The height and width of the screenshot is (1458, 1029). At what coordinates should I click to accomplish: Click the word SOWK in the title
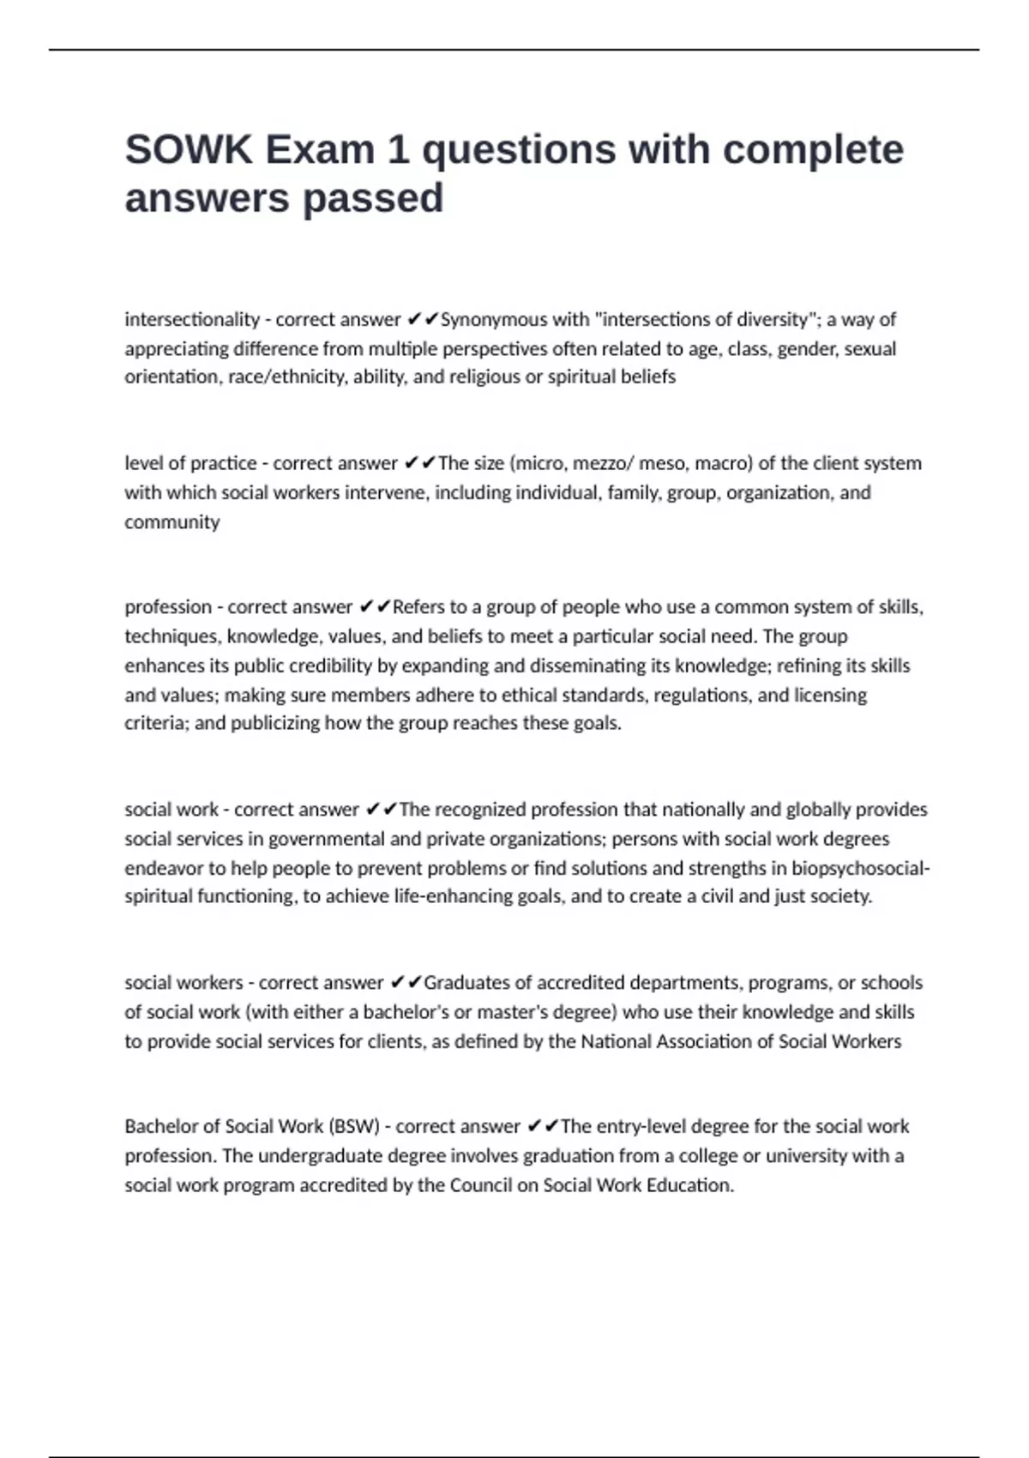pos(189,150)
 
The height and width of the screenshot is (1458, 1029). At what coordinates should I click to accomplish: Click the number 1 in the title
pos(397,150)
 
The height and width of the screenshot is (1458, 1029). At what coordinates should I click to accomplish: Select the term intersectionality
pos(192,319)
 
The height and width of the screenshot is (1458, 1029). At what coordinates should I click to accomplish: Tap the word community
pos(172,521)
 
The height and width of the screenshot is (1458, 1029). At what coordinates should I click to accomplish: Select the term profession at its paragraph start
pos(168,606)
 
